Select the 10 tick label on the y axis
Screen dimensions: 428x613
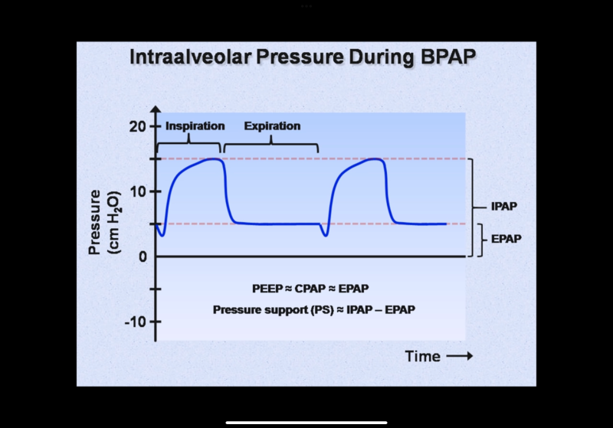coord(137,191)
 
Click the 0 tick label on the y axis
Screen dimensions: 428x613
coord(142,256)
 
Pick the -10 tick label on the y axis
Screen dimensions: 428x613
coord(135,322)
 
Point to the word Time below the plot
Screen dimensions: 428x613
coord(422,356)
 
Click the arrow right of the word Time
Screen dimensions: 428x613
coord(459,356)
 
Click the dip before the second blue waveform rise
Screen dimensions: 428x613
coord(326,235)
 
